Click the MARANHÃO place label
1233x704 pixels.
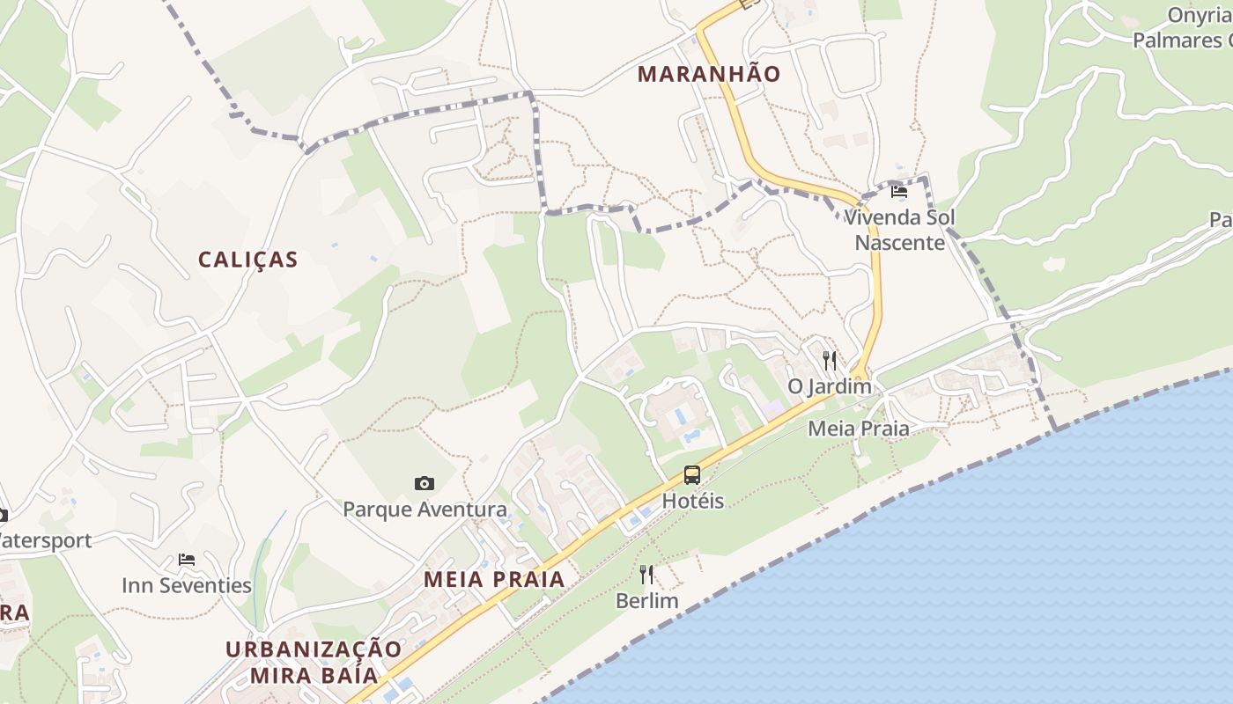click(709, 74)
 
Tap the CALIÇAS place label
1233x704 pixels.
click(247, 260)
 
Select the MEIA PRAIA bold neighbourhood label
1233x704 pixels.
click(493, 579)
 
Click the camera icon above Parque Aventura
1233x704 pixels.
click(424, 483)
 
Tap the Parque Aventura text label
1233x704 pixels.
click(425, 510)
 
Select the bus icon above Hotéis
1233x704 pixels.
click(692, 476)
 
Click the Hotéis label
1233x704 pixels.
click(692, 502)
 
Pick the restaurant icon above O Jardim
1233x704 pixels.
click(829, 360)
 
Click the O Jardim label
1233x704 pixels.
click(829, 386)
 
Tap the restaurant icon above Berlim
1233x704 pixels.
click(646, 576)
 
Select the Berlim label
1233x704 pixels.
click(646, 602)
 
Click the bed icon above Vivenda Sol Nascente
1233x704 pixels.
click(898, 191)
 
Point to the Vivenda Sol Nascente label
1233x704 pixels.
click(899, 230)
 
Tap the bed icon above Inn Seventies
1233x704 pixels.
click(186, 560)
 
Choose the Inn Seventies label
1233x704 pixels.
click(186, 586)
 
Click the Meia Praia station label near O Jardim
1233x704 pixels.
click(858, 429)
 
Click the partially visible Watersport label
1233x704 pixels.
click(44, 540)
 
